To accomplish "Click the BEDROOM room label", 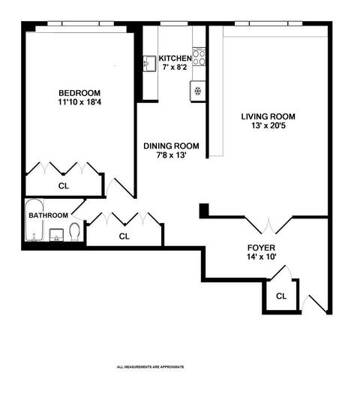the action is click(x=79, y=93).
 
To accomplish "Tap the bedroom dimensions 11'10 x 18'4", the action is click(x=79, y=102).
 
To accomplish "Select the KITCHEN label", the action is click(x=175, y=59).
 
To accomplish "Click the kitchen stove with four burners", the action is click(x=199, y=57).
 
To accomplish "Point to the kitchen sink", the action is click(x=149, y=64).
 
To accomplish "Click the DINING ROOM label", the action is click(x=171, y=146).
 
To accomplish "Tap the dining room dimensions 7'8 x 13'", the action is click(x=171, y=155).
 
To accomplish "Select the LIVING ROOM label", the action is click(x=268, y=116).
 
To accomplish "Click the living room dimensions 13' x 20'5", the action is click(x=268, y=125).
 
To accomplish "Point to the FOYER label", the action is click(x=261, y=248).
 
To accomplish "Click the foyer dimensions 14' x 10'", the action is click(x=261, y=257).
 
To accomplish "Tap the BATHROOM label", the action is click(x=49, y=215).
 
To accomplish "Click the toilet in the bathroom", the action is click(x=74, y=232).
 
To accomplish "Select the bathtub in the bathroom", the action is click(x=34, y=220).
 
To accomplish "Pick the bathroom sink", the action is click(x=56, y=235).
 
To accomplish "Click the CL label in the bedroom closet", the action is click(x=64, y=186).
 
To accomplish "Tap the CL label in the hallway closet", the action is click(x=124, y=236).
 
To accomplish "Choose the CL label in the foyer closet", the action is click(x=281, y=296).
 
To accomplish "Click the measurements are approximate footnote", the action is click(x=151, y=367).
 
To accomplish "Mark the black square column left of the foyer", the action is click(x=204, y=211).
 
